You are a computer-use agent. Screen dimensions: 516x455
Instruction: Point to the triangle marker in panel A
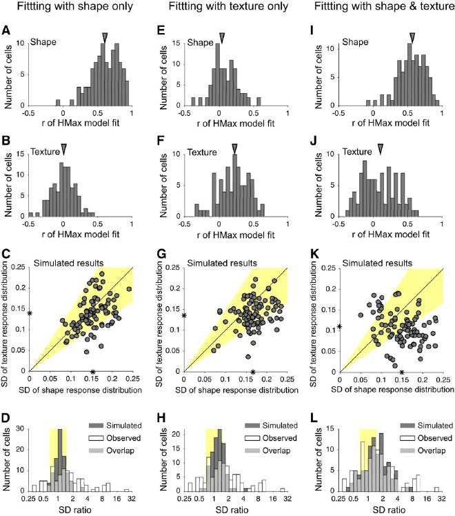pos(104,37)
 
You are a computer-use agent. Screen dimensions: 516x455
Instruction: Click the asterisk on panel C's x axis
pos(92,372)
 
